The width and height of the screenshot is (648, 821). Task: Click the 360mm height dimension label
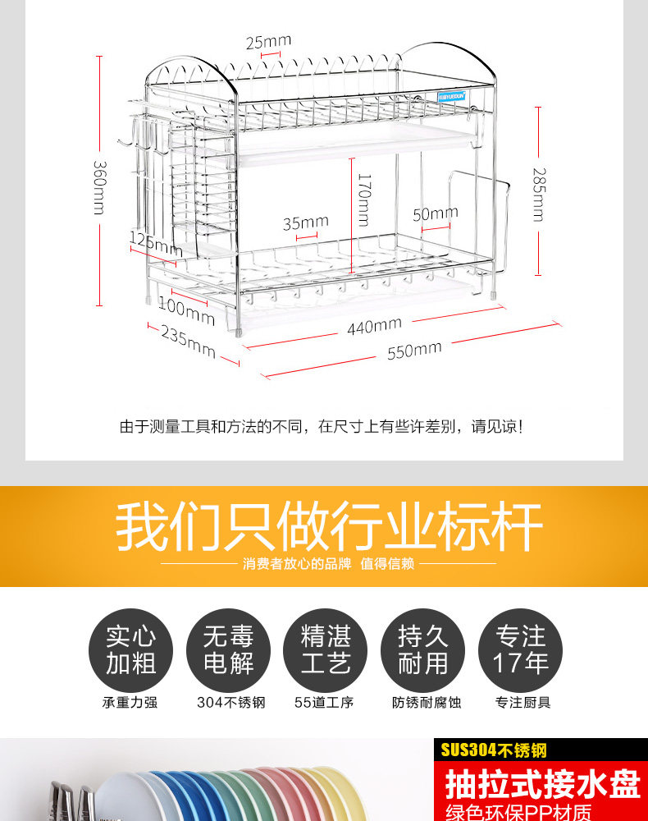[x=98, y=186]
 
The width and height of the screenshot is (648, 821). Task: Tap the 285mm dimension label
[x=538, y=195]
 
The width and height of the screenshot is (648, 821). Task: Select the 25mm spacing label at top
[x=268, y=40]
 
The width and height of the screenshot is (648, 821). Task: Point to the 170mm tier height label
[x=364, y=200]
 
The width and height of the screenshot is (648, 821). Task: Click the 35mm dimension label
[x=305, y=222]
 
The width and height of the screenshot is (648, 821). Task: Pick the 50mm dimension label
[x=435, y=214]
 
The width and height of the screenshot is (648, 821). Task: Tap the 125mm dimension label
[x=156, y=243]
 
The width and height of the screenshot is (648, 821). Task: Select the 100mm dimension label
[x=186, y=310]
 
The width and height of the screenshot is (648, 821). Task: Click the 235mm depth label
[x=188, y=342]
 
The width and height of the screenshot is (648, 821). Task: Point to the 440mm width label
[x=374, y=327]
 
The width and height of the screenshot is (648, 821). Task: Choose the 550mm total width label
[x=414, y=351]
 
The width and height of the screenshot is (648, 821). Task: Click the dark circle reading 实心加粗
[x=130, y=650]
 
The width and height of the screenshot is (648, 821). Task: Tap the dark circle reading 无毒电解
[x=229, y=650]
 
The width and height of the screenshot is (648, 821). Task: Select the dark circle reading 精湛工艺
[x=326, y=650]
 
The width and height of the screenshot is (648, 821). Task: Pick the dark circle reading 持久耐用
[x=423, y=650]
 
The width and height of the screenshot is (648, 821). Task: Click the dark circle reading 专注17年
[x=521, y=650]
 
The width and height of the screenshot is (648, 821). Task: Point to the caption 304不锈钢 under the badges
[x=230, y=703]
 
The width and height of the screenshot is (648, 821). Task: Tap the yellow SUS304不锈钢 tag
[x=494, y=750]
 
